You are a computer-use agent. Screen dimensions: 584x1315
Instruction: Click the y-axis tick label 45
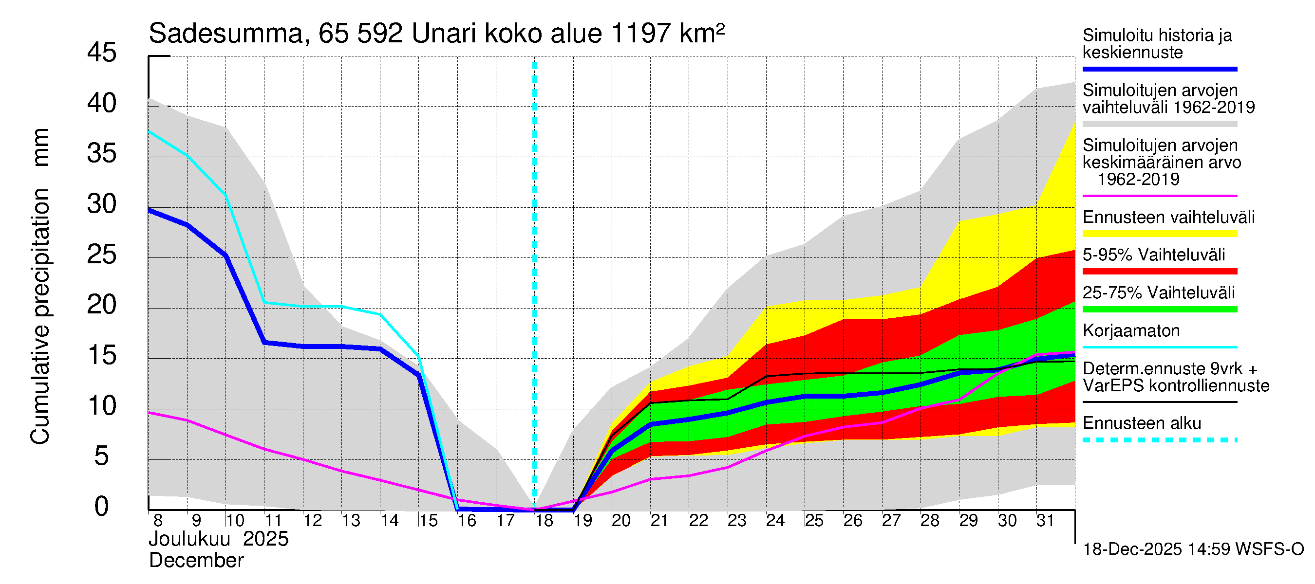[x=102, y=53]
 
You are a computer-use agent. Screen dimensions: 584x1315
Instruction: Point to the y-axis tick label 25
[x=102, y=255]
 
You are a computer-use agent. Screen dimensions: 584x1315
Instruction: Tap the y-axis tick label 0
[x=102, y=507]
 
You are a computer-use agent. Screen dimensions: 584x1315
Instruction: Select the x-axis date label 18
[x=544, y=521]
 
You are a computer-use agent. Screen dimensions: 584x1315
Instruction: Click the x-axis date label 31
[x=1045, y=521]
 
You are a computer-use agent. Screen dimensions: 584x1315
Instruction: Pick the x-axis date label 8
[x=158, y=521]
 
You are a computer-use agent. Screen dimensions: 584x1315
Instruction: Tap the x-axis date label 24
[x=775, y=521]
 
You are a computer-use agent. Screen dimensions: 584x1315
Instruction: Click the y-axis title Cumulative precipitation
[x=40, y=316]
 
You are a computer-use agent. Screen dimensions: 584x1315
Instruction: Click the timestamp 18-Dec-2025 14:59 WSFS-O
[x=1193, y=549]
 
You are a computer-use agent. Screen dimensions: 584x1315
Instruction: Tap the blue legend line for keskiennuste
[x=1160, y=69]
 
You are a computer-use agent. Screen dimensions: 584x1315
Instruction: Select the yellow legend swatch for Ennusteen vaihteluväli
[x=1160, y=234]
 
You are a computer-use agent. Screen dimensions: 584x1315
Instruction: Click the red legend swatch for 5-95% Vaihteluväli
[x=1160, y=272]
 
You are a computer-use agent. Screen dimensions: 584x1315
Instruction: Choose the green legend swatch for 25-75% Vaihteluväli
[x=1160, y=309]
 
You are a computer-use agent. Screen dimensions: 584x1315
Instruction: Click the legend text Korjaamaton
[x=1131, y=331]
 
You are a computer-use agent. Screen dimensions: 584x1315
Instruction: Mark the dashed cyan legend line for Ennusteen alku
[x=1160, y=439]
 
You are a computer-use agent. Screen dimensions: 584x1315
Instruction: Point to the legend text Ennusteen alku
[x=1142, y=423]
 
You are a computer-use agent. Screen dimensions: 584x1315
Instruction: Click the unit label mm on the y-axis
[x=40, y=147]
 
